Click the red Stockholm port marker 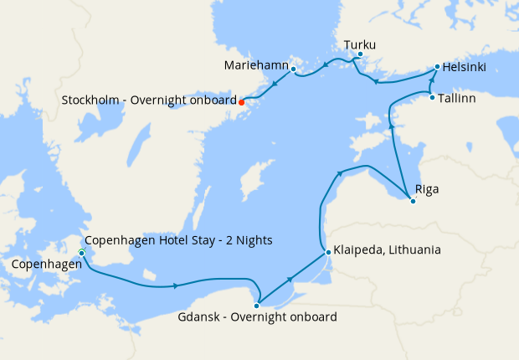242,101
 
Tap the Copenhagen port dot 81,253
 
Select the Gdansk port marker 257,306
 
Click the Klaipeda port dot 326,250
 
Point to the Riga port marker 413,201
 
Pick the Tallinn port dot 432,98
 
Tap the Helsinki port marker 437,66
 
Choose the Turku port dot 360,55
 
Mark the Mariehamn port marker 293,69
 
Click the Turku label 360,44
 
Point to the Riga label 427,190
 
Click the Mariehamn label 256,64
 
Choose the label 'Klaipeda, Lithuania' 387,250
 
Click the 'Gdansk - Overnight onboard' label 258,317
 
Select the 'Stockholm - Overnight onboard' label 149,101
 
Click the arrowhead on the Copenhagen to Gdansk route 175,286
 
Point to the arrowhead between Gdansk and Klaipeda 290,278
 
